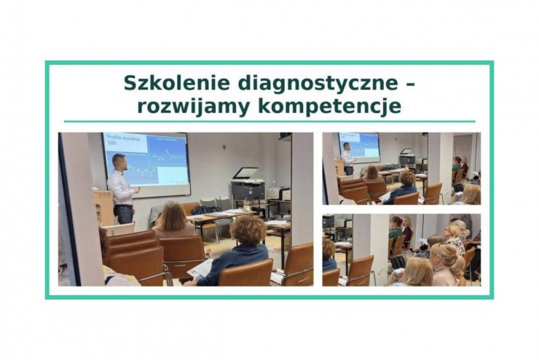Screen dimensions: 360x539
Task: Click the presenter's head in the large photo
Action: pyautogui.click(x=119, y=162)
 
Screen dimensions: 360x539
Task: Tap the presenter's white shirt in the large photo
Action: pyautogui.click(x=121, y=188)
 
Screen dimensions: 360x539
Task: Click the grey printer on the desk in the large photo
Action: pyautogui.click(x=248, y=187)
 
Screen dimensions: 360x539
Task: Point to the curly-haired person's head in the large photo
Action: pyautogui.click(x=249, y=231)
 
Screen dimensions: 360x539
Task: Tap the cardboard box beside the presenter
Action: pyautogui.click(x=103, y=208)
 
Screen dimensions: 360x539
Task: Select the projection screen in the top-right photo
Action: pyautogui.click(x=359, y=146)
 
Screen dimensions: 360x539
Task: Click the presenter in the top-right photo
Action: pyautogui.click(x=349, y=158)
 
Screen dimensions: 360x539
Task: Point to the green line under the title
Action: pyautogui.click(x=269, y=122)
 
